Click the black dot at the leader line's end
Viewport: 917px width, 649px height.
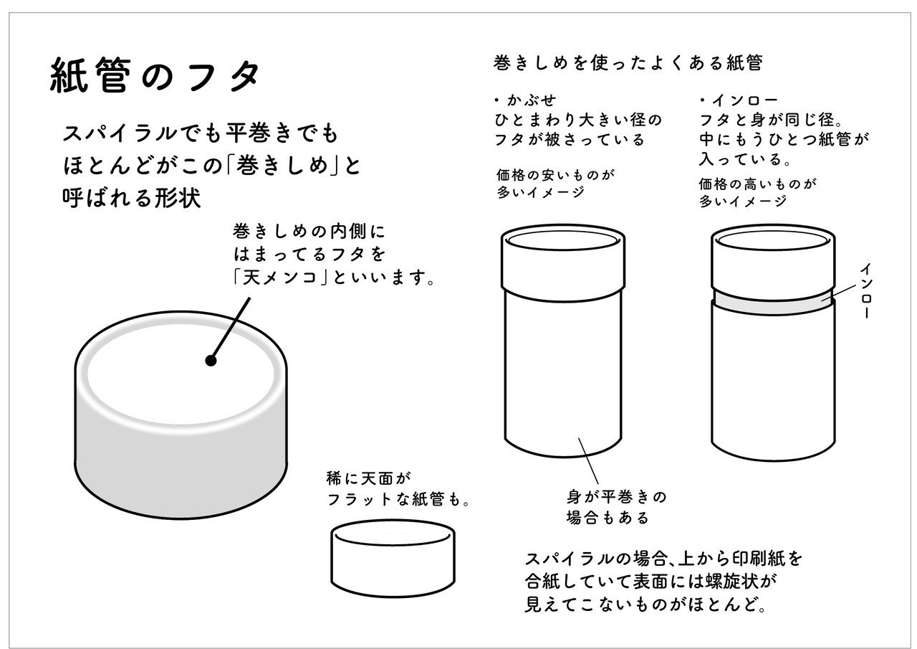click(x=211, y=361)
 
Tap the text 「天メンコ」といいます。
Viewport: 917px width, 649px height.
click(x=333, y=277)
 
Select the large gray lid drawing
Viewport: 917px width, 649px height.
click(x=183, y=459)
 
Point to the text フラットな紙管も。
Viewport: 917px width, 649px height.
click(x=398, y=500)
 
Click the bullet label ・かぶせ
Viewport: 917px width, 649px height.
click(x=525, y=100)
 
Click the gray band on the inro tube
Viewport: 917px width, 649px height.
click(x=772, y=300)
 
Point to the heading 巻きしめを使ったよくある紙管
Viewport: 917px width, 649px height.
click(x=628, y=62)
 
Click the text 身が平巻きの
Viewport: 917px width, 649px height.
click(x=616, y=496)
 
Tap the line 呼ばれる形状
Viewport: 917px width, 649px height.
click(x=132, y=199)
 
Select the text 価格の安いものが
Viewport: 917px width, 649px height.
click(x=557, y=174)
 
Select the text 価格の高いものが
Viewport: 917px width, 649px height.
click(x=758, y=184)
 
